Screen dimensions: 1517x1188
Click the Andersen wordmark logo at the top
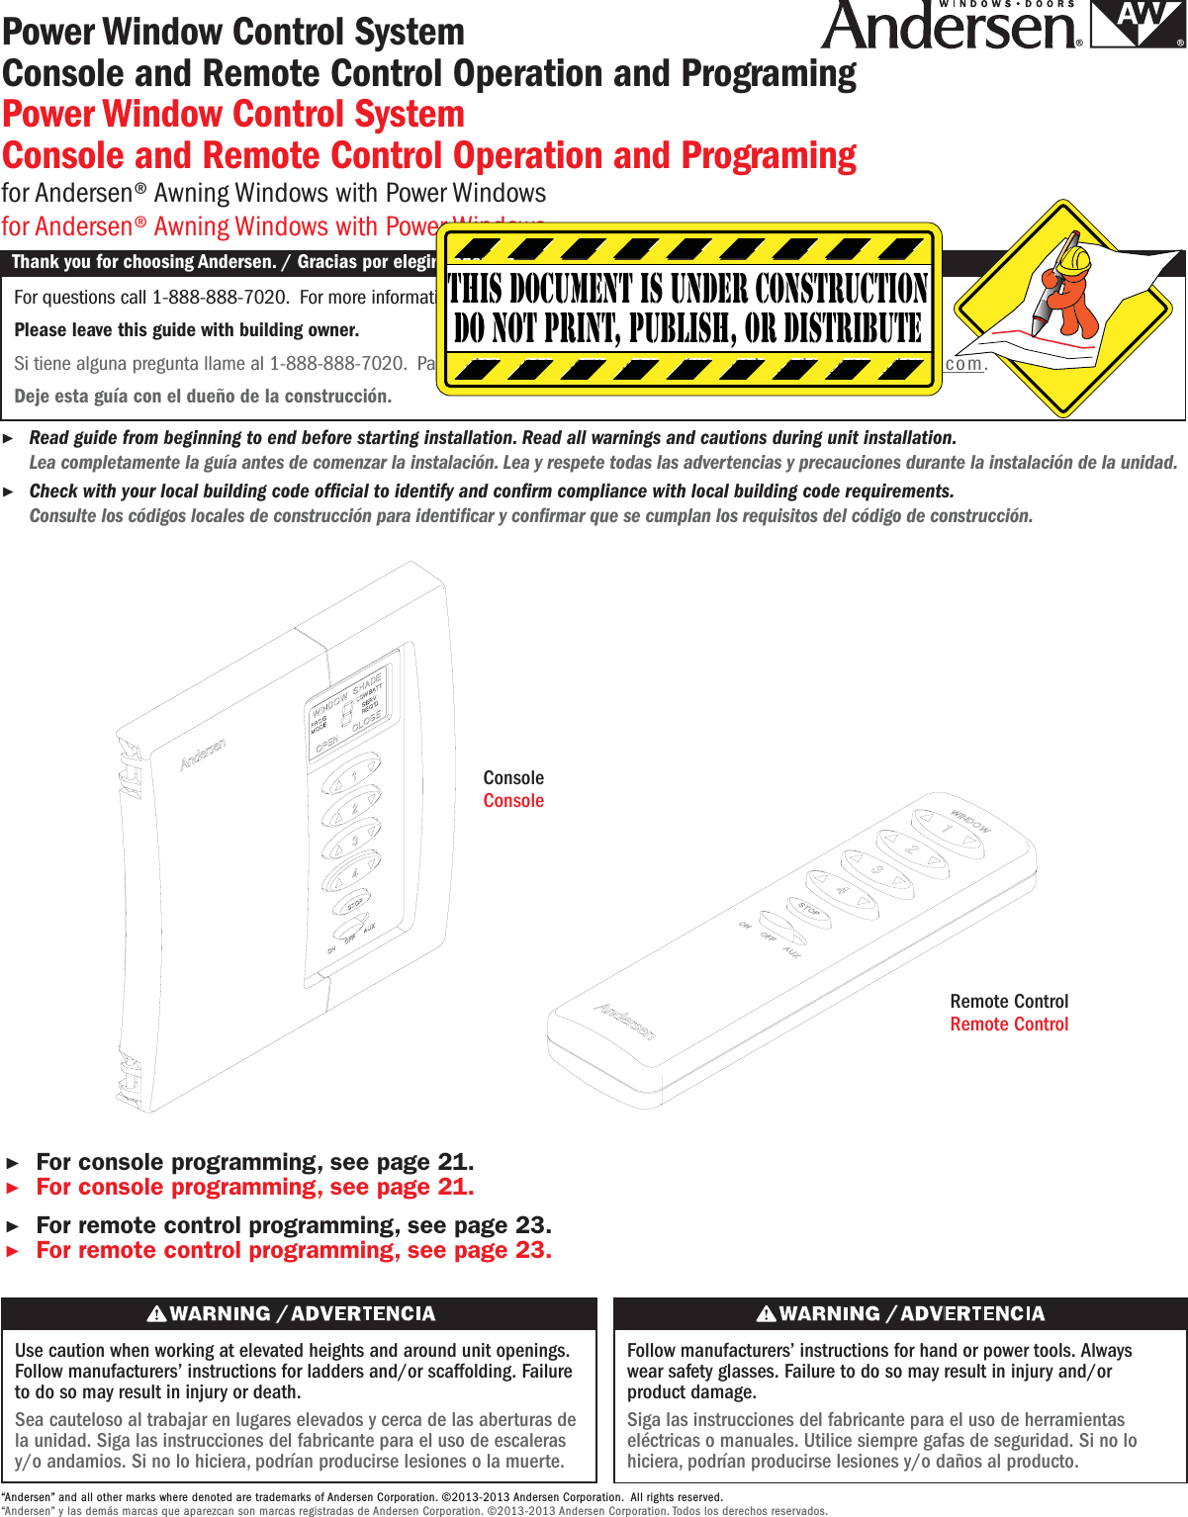tap(950, 28)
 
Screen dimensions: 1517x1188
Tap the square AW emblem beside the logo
tap(1138, 25)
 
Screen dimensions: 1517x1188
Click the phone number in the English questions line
tap(220, 298)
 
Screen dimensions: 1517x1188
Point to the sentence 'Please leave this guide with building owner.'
tap(187, 330)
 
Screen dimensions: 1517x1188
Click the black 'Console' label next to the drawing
tap(513, 778)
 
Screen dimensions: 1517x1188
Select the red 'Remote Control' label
tap(1009, 1025)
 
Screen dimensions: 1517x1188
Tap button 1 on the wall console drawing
tap(351, 774)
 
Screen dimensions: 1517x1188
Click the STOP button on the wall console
tap(353, 904)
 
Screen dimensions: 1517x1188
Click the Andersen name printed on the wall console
tap(203, 754)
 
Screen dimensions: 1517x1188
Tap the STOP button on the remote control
tap(808, 910)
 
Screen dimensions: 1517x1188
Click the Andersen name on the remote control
tap(624, 1021)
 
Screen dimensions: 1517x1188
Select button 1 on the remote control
tap(945, 828)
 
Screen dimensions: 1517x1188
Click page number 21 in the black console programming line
tap(453, 1162)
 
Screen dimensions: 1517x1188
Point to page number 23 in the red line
tap(530, 1250)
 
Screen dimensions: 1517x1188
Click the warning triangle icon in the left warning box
tap(156, 1313)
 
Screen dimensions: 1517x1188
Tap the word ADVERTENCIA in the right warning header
tap(972, 1313)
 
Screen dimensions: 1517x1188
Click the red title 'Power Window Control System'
tap(233, 115)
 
